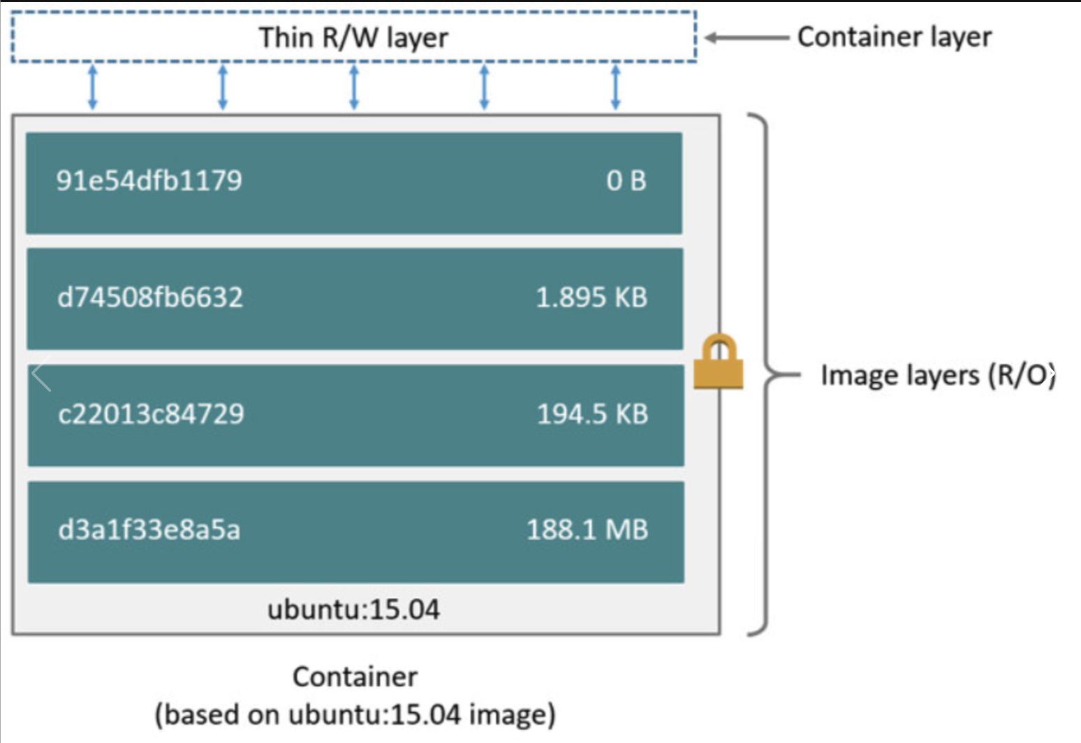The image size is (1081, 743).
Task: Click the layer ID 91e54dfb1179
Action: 149,181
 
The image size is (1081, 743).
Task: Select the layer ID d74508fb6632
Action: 150,297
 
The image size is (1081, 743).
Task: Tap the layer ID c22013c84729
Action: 151,414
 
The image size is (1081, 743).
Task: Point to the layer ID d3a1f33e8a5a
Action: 149,530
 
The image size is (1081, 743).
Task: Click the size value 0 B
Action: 626,181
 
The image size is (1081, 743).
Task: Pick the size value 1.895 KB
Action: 591,297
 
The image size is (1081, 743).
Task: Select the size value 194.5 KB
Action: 592,414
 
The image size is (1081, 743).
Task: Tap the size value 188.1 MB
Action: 587,530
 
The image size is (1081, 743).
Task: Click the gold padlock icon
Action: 718,362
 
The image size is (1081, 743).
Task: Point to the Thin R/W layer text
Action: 353,38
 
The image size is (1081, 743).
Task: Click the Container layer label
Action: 894,37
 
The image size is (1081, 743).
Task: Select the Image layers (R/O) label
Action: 936,375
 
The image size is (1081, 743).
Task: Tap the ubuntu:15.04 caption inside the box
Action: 353,610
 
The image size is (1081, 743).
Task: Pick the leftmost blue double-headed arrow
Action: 92,87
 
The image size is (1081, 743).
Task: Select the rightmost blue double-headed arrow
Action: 615,87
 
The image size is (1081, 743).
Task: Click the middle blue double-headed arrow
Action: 354,87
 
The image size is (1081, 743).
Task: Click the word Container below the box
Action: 355,677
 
